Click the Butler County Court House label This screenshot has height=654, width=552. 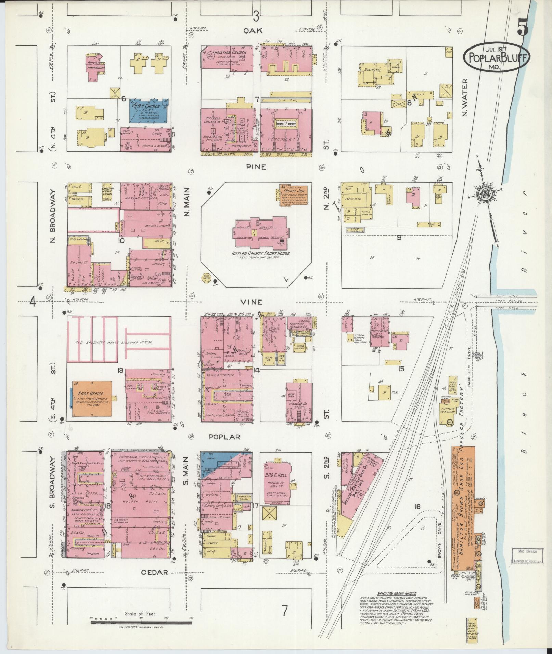pyautogui.click(x=260, y=253)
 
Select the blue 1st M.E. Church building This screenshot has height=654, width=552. pyautogui.click(x=149, y=110)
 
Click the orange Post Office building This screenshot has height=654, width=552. pyautogui.click(x=92, y=398)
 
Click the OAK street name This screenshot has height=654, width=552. pyautogui.click(x=253, y=30)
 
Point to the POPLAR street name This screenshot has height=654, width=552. pyautogui.click(x=224, y=437)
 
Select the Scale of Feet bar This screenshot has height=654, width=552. pyautogui.click(x=141, y=623)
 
